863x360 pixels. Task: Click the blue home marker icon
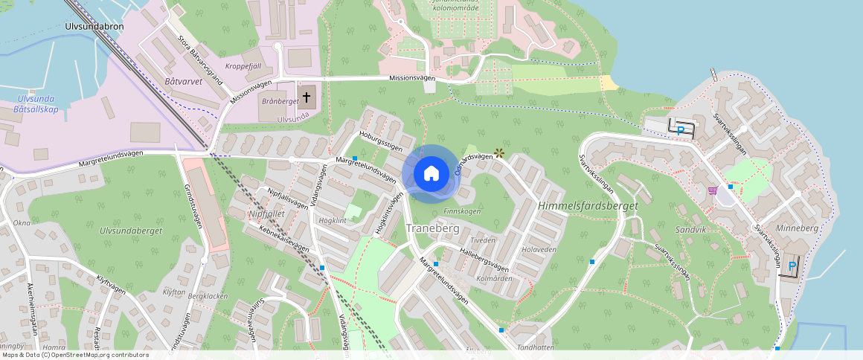click(431, 174)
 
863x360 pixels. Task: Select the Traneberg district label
click(432, 228)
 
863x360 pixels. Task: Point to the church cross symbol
click(307, 97)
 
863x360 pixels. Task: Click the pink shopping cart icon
click(713, 190)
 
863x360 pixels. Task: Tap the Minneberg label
click(796, 228)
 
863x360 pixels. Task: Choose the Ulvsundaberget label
click(131, 231)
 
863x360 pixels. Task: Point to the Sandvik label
click(690, 230)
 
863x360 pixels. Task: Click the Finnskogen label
click(462, 211)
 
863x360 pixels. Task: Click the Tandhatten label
click(535, 347)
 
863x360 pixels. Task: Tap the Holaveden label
click(539, 250)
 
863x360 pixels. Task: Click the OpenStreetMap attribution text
click(74, 355)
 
